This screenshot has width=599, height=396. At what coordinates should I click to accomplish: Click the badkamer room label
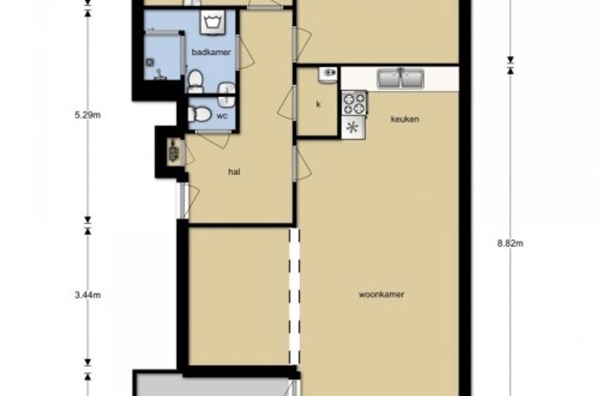[x=211, y=52]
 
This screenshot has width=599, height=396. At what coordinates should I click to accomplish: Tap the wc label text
[x=222, y=115]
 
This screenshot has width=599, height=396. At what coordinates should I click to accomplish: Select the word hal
[x=234, y=172]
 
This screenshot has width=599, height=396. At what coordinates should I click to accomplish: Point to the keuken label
[x=404, y=119]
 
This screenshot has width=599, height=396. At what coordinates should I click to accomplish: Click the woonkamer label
[x=381, y=295]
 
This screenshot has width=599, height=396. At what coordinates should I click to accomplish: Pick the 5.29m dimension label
[x=88, y=115]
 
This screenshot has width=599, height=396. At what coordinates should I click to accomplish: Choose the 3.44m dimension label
[x=88, y=295]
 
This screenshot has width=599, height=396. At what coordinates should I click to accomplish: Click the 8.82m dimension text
[x=510, y=243]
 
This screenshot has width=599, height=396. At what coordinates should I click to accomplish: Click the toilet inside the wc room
[x=200, y=114]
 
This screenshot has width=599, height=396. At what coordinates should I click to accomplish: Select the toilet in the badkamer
[x=195, y=81]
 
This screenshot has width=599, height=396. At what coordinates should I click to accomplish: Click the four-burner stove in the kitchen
[x=354, y=103]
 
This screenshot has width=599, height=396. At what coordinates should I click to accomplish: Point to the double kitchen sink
[x=401, y=79]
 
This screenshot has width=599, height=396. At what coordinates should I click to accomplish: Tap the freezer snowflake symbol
[x=352, y=127]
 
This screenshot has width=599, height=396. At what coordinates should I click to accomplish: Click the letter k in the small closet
[x=318, y=105]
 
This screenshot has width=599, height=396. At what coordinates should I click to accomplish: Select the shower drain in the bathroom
[x=150, y=62]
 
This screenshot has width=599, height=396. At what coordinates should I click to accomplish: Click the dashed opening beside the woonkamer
[x=294, y=296]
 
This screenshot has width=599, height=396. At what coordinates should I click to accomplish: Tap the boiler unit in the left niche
[x=174, y=152]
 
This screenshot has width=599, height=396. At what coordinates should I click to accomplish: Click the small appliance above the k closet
[x=327, y=75]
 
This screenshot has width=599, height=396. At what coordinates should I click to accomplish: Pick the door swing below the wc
[x=213, y=139]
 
